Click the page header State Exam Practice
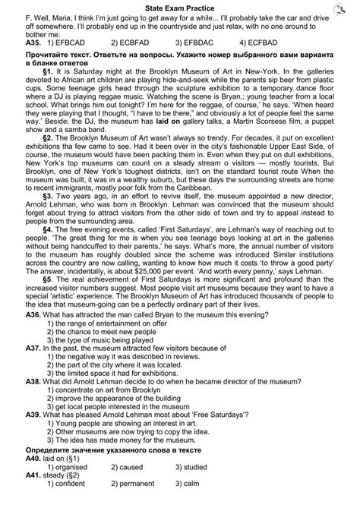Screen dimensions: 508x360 [180, 5]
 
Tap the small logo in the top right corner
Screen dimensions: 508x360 [349, 5]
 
